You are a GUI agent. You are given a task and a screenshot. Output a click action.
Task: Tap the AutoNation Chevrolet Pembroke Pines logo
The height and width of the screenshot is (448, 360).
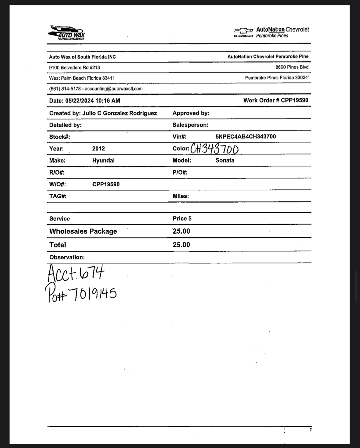[x=271, y=33]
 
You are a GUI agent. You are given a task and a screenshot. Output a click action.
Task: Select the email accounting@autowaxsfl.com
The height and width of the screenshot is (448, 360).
[x=114, y=89]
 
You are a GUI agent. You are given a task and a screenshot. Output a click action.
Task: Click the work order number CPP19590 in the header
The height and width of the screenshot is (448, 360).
[x=294, y=100]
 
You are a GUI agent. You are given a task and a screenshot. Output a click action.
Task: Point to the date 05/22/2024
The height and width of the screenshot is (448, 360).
[x=80, y=101]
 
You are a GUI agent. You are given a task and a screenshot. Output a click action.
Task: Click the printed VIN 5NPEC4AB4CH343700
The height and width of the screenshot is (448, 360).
[x=246, y=136]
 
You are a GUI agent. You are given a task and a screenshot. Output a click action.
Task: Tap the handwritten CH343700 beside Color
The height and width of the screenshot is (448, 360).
[x=215, y=149]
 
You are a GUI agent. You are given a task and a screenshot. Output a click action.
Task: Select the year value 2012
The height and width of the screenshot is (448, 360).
[x=98, y=148]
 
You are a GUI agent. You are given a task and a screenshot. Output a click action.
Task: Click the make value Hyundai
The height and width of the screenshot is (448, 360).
[x=103, y=161]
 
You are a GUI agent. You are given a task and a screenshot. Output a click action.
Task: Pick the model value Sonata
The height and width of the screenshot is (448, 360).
[x=225, y=161]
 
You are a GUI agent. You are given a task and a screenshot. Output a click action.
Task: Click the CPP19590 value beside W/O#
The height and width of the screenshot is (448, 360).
[x=106, y=184]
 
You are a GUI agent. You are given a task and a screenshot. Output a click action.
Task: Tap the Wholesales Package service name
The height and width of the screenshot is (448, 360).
[x=83, y=231]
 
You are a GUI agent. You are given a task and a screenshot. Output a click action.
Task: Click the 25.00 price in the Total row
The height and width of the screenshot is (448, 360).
[x=181, y=245]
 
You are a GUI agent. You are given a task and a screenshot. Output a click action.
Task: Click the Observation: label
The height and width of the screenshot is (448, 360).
[x=67, y=257]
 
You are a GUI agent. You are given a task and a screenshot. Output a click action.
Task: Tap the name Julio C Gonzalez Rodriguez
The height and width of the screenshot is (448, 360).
[x=119, y=113]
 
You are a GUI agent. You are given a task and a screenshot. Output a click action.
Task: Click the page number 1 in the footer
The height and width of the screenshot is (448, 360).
[x=310, y=430]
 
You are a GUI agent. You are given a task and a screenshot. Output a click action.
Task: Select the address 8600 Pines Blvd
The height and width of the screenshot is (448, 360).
[x=292, y=67]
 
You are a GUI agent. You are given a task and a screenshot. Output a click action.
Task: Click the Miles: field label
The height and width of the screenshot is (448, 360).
[x=181, y=196]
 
